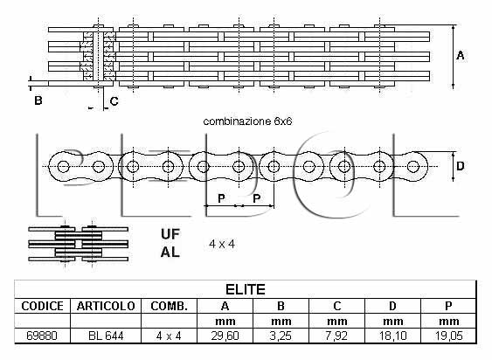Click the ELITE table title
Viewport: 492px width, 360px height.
click(x=246, y=289)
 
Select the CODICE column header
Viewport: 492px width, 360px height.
click(x=42, y=306)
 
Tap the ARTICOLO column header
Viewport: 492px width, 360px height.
click(x=106, y=306)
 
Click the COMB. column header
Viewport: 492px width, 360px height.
click(x=170, y=306)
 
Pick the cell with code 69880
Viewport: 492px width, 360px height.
click(x=42, y=336)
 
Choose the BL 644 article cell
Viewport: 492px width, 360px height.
click(x=106, y=336)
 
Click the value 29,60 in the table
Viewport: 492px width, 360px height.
click(x=225, y=336)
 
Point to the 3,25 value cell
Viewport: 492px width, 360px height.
click(x=281, y=336)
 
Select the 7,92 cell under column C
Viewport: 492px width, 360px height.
click(x=336, y=336)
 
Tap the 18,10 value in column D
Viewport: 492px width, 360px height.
click(x=392, y=336)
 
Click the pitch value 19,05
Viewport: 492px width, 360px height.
click(x=448, y=336)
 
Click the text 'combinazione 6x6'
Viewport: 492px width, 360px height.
click(x=247, y=121)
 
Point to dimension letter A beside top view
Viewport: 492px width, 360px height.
click(x=461, y=56)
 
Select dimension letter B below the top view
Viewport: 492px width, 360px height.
click(x=38, y=100)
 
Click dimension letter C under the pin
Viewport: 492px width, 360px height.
click(x=114, y=101)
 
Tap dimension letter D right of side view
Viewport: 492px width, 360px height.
click(x=461, y=166)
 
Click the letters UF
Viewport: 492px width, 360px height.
click(x=170, y=234)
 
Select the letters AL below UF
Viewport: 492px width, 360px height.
click(x=170, y=252)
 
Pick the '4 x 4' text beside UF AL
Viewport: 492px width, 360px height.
click(x=222, y=244)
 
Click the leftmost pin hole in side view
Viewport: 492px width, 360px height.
click(x=64, y=166)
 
